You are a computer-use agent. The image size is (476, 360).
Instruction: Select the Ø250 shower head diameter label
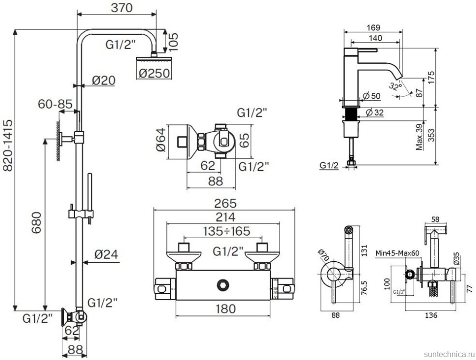click(x=154, y=73)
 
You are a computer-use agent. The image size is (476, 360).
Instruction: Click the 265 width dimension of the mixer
click(x=225, y=203)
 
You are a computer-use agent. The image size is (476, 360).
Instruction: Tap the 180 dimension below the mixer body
click(x=225, y=308)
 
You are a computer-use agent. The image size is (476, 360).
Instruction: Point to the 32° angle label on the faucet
click(x=395, y=87)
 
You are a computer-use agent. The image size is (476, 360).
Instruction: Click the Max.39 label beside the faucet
click(x=419, y=137)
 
